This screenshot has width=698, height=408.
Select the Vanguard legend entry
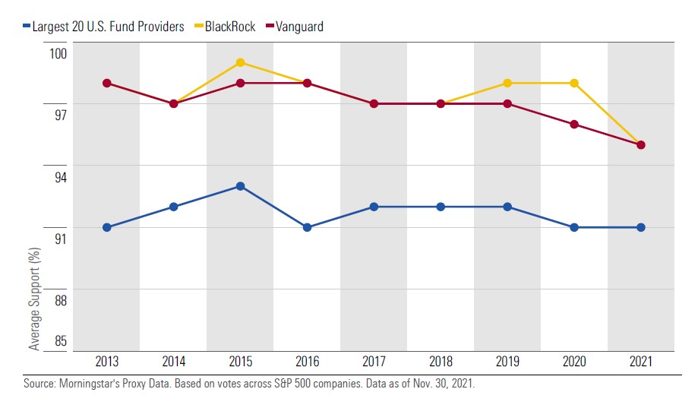[297, 27]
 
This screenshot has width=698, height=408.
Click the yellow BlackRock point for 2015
[240, 62]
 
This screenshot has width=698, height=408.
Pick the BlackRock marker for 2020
[574, 83]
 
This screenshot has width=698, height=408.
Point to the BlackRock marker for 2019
[507, 83]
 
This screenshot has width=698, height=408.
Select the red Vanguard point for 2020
[574, 125]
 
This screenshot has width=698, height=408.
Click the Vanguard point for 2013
[106, 83]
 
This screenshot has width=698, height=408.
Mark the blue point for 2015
[240, 186]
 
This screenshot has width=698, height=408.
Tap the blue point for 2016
[307, 227]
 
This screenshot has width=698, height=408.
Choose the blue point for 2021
[641, 227]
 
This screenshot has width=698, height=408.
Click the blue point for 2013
[106, 227]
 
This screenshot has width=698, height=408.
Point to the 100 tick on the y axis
[59, 54]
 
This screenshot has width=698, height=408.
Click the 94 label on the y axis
[59, 177]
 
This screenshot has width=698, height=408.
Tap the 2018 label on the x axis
[441, 362]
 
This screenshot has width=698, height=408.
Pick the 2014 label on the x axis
[173, 362]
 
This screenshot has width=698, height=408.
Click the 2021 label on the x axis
[641, 362]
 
